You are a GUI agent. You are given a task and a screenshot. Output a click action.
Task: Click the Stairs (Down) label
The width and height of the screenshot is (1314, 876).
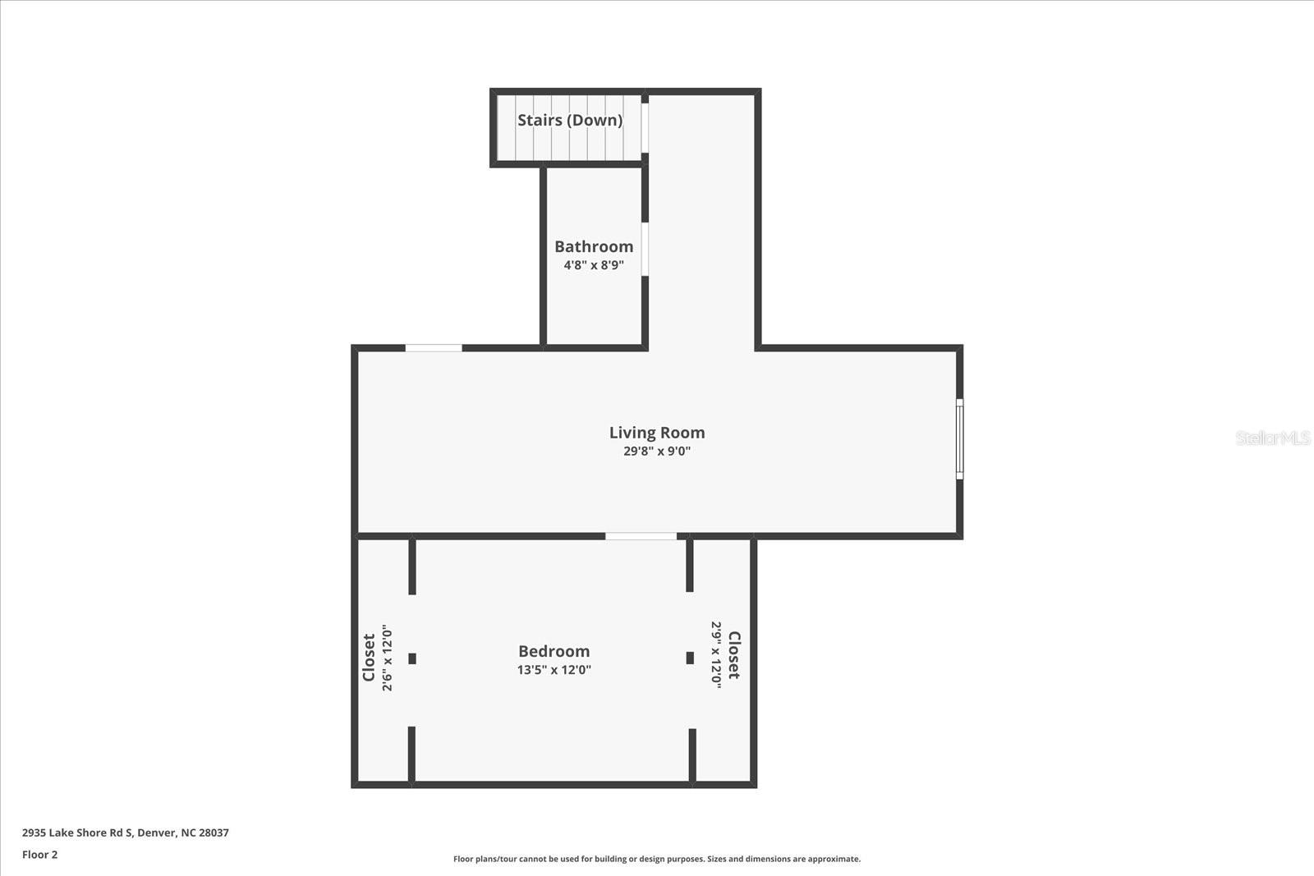point(569,120)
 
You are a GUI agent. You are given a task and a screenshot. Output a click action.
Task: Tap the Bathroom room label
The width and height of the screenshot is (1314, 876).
point(594,246)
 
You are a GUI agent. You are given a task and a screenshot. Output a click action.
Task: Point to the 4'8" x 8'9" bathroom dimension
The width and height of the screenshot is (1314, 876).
point(594,265)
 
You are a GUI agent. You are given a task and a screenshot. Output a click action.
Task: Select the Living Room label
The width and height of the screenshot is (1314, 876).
point(657,433)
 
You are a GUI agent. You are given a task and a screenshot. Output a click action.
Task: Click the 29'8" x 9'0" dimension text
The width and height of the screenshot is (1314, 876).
point(657,451)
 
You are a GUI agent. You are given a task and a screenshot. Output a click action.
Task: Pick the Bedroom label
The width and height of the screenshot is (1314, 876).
point(554,651)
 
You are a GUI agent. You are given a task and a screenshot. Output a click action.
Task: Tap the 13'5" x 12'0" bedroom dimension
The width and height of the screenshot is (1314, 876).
point(554,669)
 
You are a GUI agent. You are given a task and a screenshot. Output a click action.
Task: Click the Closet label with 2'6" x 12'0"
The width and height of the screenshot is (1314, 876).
point(369,657)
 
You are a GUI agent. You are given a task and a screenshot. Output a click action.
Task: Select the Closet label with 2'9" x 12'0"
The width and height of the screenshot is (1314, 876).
point(734,655)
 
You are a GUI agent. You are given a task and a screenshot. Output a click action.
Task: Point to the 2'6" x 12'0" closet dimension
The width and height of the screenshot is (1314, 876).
point(387,658)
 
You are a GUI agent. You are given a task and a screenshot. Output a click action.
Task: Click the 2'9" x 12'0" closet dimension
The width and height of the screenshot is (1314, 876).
point(716,654)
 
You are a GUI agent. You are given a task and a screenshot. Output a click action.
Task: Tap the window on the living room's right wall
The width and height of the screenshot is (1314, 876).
point(959,439)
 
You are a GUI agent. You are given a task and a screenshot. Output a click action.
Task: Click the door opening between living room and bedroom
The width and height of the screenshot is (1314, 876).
point(641,536)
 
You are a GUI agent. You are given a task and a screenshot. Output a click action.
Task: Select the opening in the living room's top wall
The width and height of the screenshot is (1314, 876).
point(434,348)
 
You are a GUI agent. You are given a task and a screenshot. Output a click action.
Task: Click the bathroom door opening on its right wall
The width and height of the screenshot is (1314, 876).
point(646,249)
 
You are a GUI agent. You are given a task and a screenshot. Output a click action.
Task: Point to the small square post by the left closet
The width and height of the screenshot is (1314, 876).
point(412,658)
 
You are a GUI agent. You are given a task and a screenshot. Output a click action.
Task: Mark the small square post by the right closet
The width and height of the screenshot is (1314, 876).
point(690,658)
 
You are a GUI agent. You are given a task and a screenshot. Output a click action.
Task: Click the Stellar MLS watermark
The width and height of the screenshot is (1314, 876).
point(1272,438)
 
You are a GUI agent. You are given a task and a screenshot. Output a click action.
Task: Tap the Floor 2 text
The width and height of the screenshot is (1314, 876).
point(39,855)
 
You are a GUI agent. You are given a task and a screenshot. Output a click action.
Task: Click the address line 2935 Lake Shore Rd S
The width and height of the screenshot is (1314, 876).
point(125,832)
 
